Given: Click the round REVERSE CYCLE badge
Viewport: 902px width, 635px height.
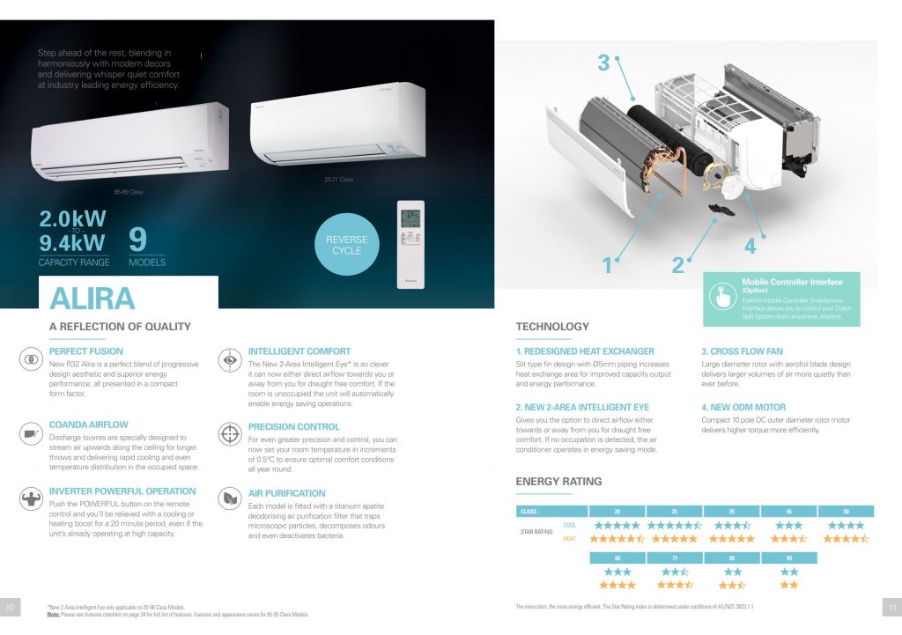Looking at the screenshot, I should point(347,244).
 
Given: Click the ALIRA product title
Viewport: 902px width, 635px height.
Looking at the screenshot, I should point(92,298).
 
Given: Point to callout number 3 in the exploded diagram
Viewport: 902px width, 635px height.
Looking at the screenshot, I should point(603,63).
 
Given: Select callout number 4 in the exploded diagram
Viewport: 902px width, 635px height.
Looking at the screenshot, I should point(750,247).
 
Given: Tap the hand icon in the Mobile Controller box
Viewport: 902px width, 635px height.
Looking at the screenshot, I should point(723,299).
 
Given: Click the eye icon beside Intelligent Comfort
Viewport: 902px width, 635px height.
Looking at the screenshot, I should point(231,360).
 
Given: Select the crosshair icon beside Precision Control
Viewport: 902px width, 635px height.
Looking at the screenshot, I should point(231,435).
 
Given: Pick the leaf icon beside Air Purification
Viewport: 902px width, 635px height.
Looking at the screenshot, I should point(231,499).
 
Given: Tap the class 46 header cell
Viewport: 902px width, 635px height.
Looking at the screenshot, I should point(788,511).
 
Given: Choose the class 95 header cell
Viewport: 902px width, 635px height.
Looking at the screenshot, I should point(788,557).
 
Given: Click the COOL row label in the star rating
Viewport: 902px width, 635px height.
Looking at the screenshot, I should point(570,525).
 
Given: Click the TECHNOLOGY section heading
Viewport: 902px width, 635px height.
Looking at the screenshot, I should point(552,327).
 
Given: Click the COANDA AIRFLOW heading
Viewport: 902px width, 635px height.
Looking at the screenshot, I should point(89,425).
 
